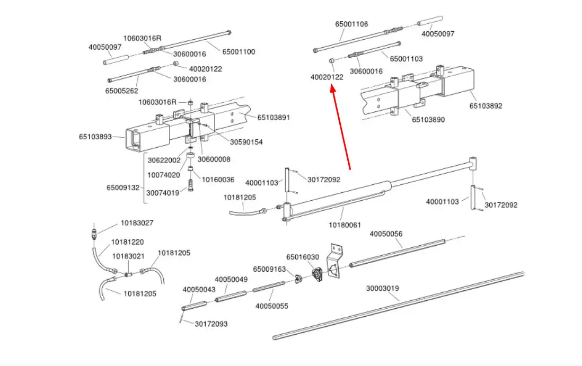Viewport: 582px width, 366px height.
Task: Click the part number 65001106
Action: [x=351, y=24]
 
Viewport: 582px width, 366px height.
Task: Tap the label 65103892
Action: [x=486, y=106]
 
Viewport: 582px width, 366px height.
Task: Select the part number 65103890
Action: [x=428, y=120]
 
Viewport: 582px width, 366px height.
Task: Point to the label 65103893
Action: [x=95, y=137]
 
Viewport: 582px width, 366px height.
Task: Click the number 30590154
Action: [x=246, y=142]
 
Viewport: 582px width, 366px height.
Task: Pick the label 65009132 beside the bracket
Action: [x=123, y=188]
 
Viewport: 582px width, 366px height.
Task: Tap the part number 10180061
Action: [x=345, y=225]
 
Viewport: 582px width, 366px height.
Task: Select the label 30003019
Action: [x=382, y=289]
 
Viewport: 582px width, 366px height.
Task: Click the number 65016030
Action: [x=303, y=257]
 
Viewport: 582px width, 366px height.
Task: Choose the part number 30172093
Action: [x=211, y=324]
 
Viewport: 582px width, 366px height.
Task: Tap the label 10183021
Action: [x=128, y=256]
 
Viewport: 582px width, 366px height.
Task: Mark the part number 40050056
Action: [x=386, y=234]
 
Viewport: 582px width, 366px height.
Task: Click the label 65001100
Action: [x=239, y=52]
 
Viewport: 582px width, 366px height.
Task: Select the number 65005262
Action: [x=121, y=91]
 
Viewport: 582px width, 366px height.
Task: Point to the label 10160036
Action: [x=218, y=180]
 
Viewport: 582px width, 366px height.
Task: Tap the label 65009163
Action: [x=269, y=269]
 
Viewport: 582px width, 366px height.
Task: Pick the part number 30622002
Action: [x=164, y=160]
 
